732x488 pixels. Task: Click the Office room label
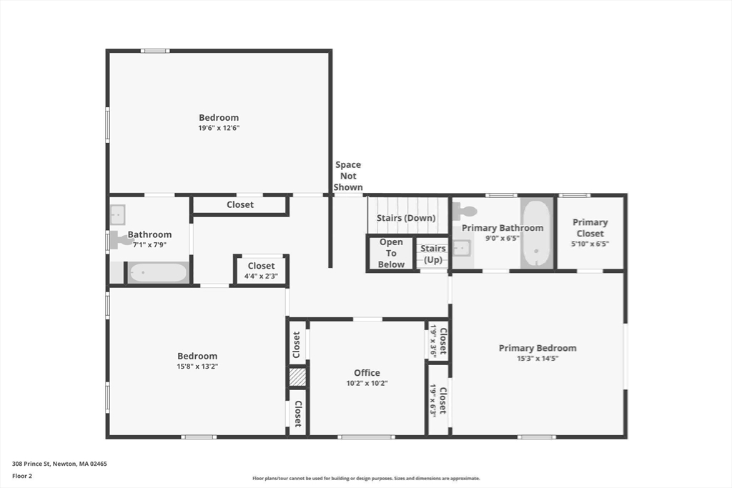coord(367,373)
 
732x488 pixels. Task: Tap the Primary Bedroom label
coord(537,349)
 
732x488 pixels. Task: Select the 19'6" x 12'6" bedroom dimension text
coord(219,128)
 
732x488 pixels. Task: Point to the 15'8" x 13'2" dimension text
coord(197,367)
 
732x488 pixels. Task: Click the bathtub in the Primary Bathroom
coord(537,233)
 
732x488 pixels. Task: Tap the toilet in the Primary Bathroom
coord(465,210)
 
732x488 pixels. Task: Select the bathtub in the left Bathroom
coord(158,273)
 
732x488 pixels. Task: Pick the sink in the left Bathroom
coord(118,214)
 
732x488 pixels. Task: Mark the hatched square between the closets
coord(297,377)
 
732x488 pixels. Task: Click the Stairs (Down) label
coord(406,218)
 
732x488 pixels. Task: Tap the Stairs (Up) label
coord(433,254)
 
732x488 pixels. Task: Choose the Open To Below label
coord(391,254)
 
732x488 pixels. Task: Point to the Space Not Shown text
coord(348,176)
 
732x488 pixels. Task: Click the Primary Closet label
coord(590,228)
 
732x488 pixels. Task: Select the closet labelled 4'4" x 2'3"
coord(261,271)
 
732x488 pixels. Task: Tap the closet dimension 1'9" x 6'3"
coord(434,400)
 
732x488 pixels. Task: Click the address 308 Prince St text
coord(59,464)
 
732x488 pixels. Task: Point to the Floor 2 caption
coord(22,475)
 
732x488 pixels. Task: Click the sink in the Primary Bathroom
coord(461,248)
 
